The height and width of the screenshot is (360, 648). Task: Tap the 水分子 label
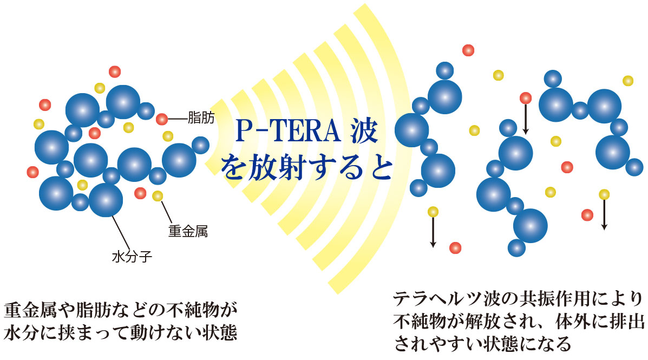(x=132, y=257)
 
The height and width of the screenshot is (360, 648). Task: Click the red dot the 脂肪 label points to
(x=162, y=120)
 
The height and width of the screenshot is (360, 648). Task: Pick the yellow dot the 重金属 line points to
(x=158, y=196)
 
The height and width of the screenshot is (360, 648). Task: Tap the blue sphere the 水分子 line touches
(x=106, y=200)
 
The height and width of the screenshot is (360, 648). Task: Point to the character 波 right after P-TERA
(x=364, y=132)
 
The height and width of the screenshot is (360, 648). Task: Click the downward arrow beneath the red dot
(x=525, y=119)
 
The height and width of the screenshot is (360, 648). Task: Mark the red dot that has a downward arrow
(x=525, y=98)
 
